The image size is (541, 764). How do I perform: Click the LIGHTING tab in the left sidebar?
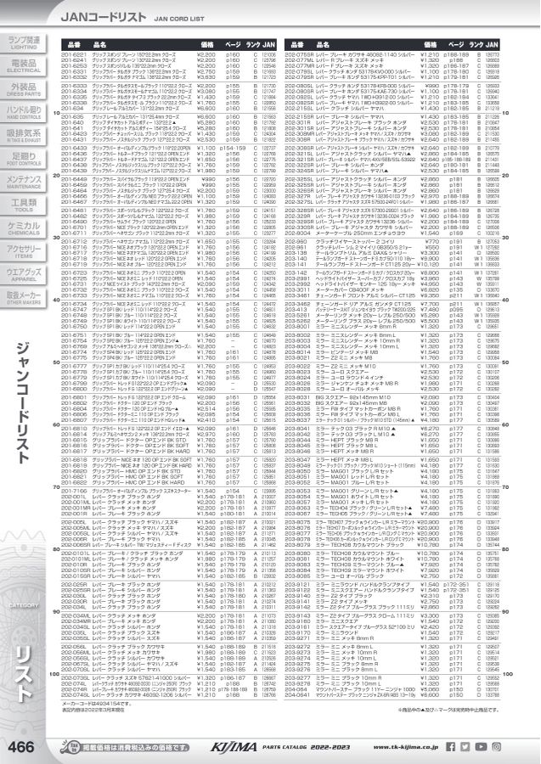[x=23, y=42]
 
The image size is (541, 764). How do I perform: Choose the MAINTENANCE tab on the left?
[x=23, y=181]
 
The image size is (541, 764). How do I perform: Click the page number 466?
[x=21, y=746]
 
